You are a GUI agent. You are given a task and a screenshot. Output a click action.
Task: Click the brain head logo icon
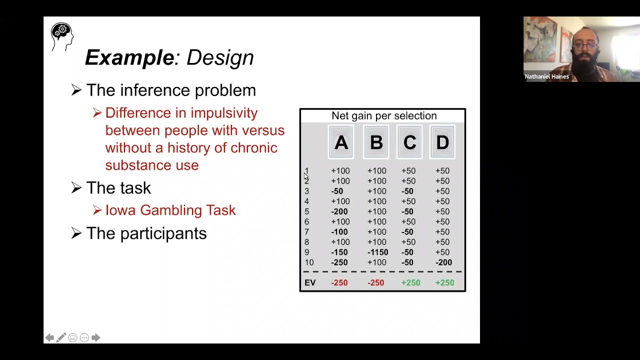point(62,35)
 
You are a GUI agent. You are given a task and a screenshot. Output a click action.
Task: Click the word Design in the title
point(220,58)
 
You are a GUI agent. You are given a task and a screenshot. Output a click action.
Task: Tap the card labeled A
point(341,143)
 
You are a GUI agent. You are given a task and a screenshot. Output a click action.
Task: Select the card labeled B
point(376,143)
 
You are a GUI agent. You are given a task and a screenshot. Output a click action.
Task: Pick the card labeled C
point(409,143)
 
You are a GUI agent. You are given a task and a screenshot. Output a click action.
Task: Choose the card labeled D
point(442,143)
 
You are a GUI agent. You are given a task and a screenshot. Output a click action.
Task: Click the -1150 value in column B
point(377,252)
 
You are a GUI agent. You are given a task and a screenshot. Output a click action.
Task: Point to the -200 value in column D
point(443,262)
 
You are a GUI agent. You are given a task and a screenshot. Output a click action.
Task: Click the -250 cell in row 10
point(339,262)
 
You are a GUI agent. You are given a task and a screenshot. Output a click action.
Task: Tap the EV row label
point(310,283)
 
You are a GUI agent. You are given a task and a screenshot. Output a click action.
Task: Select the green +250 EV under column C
point(410,283)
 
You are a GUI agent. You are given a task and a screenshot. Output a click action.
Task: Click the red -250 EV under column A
point(339,283)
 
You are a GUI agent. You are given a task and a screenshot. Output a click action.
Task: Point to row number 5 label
point(306,212)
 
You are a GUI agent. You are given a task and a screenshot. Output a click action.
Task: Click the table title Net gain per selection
point(384,116)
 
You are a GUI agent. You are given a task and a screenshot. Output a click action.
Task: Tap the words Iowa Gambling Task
point(170,210)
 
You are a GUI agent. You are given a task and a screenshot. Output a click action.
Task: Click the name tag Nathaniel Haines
point(546,77)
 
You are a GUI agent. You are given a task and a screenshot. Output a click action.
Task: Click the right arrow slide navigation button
point(96,338)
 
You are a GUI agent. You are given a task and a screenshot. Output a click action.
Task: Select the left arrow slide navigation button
point(49,338)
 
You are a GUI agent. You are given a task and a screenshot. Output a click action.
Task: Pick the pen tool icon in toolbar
point(61,338)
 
